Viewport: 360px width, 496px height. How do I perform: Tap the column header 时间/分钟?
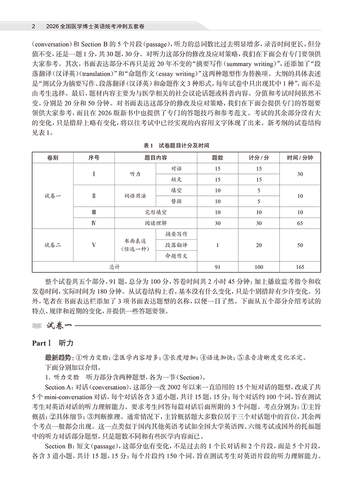(x=300, y=158)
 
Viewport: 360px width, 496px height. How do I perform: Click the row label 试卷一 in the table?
(x=53, y=196)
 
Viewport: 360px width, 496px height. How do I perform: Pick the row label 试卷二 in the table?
(x=53, y=245)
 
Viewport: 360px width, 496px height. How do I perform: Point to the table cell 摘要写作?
(x=176, y=234)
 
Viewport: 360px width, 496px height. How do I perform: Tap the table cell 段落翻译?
(x=176, y=245)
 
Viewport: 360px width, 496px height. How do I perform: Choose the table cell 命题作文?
(x=176, y=256)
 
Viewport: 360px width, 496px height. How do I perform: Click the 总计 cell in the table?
(x=115, y=267)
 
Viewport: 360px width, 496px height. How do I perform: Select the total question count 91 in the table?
(x=218, y=267)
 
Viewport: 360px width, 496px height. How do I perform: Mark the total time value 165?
(x=300, y=267)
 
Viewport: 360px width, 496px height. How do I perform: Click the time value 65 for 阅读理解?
(x=300, y=223)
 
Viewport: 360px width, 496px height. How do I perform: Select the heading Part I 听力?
(x=53, y=343)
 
